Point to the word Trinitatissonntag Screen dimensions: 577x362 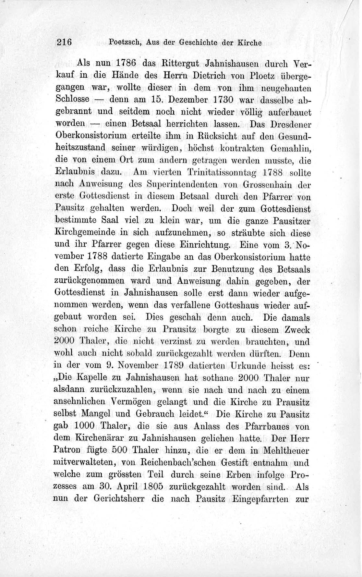point(227,173)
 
